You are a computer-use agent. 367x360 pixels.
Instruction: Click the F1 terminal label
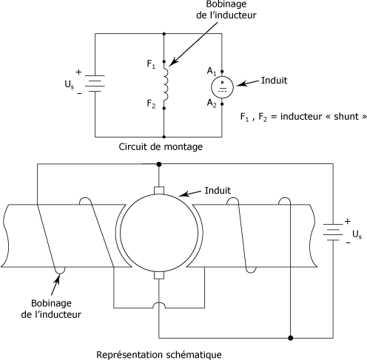coord(151,64)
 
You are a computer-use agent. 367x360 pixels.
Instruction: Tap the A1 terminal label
coord(212,71)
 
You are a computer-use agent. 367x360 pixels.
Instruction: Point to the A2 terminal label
coord(212,103)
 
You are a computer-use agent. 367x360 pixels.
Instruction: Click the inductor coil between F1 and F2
coord(166,84)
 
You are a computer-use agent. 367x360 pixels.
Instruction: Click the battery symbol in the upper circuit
coord(95,84)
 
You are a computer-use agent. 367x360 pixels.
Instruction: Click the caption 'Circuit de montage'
coord(161,147)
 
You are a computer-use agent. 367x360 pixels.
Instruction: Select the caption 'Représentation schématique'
coord(159,355)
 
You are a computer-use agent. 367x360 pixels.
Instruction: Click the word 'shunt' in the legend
coord(346,116)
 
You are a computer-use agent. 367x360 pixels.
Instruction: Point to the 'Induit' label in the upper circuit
coord(275,81)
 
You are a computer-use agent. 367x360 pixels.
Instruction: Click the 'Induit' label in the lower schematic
coord(218,191)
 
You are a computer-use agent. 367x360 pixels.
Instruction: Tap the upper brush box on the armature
coord(159,191)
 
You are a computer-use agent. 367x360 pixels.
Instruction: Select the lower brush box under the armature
coord(159,275)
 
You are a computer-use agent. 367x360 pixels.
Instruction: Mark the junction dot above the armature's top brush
coord(159,164)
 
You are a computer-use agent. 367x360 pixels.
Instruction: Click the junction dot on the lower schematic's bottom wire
coord(291,338)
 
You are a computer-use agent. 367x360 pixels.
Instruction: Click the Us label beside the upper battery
coord(69,84)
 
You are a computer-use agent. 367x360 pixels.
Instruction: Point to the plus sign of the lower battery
coord(348,221)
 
